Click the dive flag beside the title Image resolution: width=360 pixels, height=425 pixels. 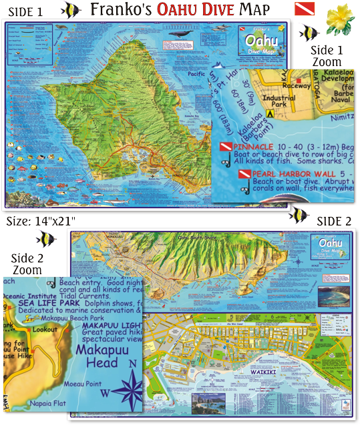(x=303, y=10)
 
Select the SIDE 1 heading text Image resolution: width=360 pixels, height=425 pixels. (x=27, y=11)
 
